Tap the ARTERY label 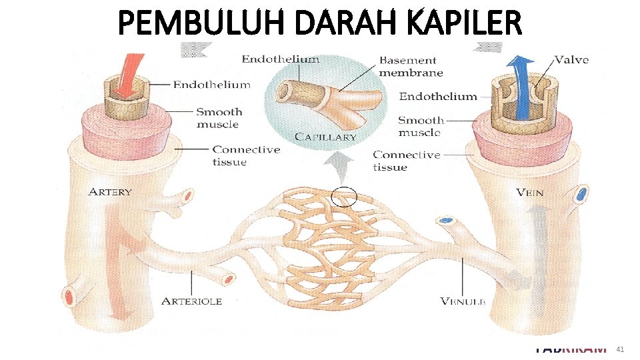click(x=110, y=192)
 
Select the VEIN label click(x=529, y=193)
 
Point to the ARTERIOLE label click(x=191, y=301)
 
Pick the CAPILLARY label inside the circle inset click(x=326, y=137)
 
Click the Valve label click(x=571, y=60)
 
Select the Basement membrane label click(x=411, y=66)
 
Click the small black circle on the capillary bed click(x=344, y=197)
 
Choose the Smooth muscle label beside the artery click(x=219, y=118)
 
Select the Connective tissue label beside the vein click(x=407, y=161)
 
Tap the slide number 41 click(x=620, y=349)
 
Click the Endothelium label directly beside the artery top click(x=212, y=85)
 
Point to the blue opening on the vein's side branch click(x=582, y=195)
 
